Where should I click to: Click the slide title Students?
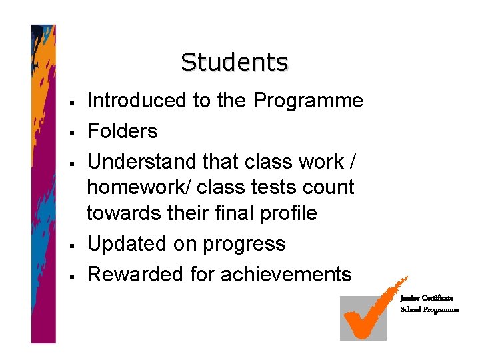[234, 62]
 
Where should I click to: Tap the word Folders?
[123, 131]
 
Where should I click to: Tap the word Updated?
[127, 244]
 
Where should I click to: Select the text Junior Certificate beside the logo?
[427, 298]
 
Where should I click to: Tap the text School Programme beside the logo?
[429, 310]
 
